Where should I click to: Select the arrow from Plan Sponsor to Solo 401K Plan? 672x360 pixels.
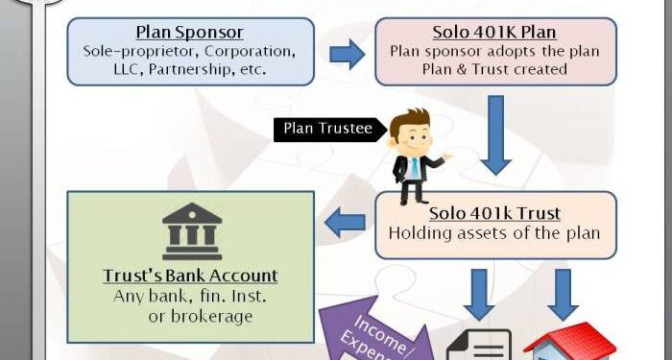346,54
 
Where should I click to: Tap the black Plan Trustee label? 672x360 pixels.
326,128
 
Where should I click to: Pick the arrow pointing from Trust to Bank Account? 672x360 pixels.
347,223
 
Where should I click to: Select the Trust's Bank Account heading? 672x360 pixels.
190,276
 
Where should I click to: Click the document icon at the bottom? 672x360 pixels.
486,344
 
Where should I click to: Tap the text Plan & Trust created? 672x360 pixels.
492,70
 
